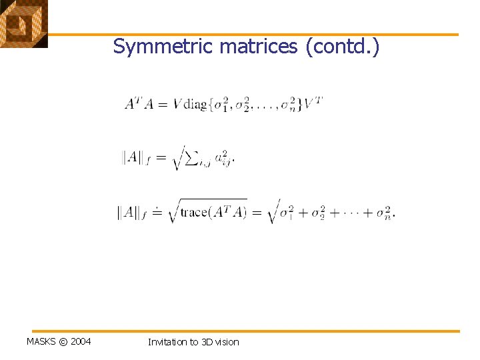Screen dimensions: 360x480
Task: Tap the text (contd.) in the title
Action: (x=341, y=47)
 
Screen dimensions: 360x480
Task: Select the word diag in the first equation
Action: (x=195, y=104)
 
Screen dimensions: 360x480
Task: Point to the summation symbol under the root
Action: (x=192, y=157)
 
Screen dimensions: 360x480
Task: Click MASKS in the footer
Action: (x=41, y=342)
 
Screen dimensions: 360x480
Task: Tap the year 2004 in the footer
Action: (x=80, y=342)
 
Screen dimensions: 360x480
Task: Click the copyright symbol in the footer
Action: (x=63, y=342)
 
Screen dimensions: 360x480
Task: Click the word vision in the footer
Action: (x=227, y=342)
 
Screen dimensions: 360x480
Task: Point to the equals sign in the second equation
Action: (x=160, y=158)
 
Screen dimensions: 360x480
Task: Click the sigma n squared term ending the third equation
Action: (x=383, y=213)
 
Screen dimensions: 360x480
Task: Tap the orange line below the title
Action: (x=253, y=35)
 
